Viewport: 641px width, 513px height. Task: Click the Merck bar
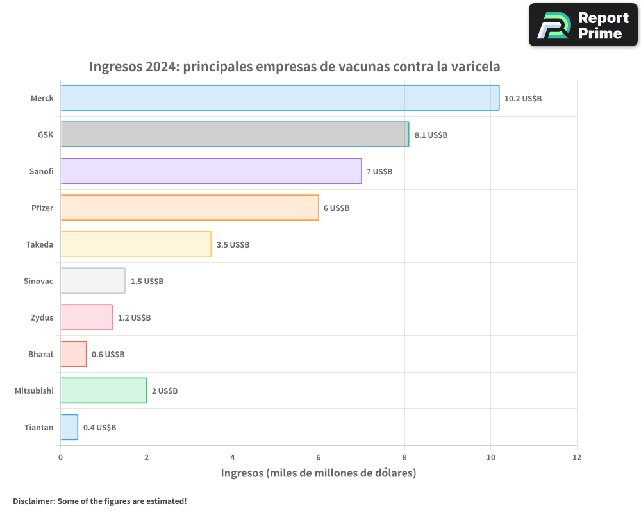point(279,98)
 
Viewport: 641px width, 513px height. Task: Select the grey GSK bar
point(235,135)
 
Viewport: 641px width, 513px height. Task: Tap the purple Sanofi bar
point(211,171)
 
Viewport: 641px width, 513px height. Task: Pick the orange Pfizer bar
point(189,208)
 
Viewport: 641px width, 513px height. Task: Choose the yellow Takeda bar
point(136,244)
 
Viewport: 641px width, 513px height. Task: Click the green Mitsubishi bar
point(103,391)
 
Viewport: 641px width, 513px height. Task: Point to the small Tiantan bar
point(69,427)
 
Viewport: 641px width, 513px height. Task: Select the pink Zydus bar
point(87,317)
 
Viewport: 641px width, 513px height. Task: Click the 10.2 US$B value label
point(523,99)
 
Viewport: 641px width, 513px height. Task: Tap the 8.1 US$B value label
point(431,135)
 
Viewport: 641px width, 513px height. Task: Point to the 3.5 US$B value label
point(233,245)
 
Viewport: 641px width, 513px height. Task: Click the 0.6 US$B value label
point(108,355)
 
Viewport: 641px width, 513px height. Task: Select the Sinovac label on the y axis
point(38,281)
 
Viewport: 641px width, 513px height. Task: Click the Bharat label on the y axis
point(40,354)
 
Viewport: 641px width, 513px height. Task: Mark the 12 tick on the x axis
point(577,458)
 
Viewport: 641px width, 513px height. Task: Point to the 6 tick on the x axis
point(319,458)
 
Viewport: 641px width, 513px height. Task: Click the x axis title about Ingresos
point(319,473)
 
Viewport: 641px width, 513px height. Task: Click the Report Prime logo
point(583,25)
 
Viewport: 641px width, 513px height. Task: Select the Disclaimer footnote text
point(99,501)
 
